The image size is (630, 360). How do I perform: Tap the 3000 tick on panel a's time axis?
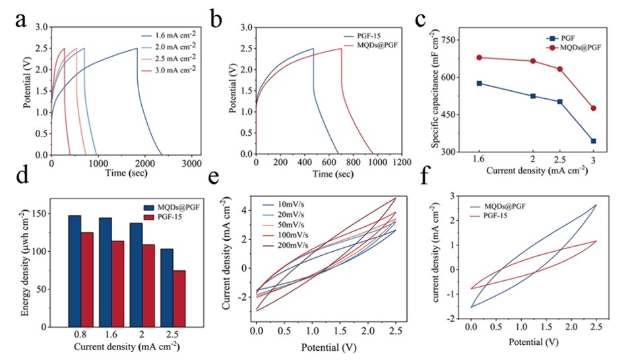191,162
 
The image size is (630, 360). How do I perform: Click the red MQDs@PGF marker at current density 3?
593,108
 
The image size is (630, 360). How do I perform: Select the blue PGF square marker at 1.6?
480,83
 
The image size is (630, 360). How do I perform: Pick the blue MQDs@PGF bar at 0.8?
75,271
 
